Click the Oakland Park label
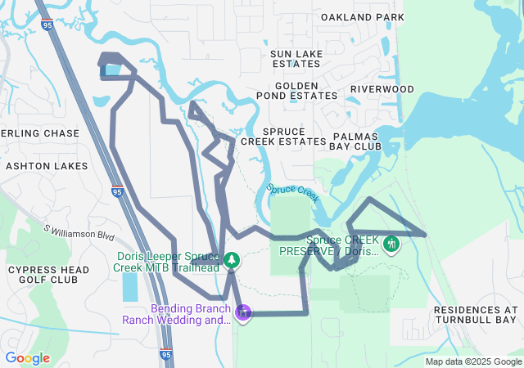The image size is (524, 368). pos(363,17)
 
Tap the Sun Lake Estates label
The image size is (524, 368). pos(296,59)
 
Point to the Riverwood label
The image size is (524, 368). pos(382,88)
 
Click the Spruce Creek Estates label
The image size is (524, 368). pos(295,136)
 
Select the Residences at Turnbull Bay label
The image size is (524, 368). pos(476,316)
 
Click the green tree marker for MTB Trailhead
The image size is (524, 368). pos(233,260)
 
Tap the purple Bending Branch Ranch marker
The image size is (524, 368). pos(242,312)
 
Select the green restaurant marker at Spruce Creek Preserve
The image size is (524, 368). pos(391,243)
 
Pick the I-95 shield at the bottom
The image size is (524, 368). pos(166,354)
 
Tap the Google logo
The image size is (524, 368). pos(27,358)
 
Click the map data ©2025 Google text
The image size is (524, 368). pos(473,361)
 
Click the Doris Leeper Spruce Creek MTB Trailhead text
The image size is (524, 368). pos(167,261)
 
